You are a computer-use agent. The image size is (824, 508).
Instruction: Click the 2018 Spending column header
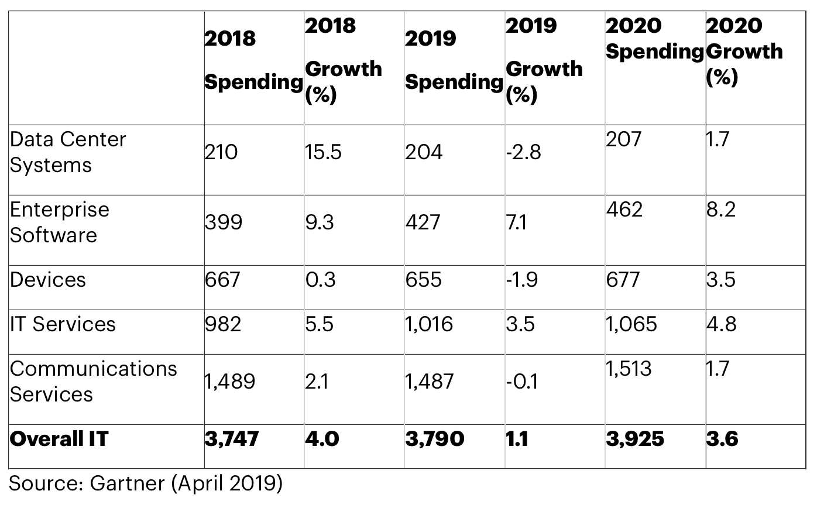click(x=253, y=60)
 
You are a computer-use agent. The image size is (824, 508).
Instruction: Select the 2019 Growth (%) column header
click(x=544, y=60)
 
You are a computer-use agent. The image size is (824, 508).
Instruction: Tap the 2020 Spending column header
click(x=654, y=39)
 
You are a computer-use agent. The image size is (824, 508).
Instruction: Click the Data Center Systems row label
click(x=68, y=152)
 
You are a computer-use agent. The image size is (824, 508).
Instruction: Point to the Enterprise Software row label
click(x=60, y=222)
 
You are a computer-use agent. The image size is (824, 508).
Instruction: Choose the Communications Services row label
click(x=93, y=381)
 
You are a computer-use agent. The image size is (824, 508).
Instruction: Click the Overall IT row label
click(x=59, y=438)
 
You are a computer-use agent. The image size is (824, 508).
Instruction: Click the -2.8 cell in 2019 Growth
click(x=524, y=152)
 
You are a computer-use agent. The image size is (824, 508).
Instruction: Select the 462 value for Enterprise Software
click(x=624, y=209)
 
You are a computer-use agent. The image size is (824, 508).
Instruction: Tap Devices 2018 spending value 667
click(x=222, y=280)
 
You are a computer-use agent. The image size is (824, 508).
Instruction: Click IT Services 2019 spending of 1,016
click(x=429, y=324)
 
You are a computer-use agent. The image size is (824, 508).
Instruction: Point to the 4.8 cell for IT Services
click(x=721, y=324)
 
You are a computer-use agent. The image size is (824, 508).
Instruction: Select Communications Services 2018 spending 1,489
click(x=229, y=382)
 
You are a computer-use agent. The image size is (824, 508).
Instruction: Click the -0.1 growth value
click(x=522, y=382)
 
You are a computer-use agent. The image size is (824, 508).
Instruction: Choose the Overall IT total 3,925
click(x=635, y=438)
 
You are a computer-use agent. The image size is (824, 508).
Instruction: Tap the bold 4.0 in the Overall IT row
click(x=322, y=438)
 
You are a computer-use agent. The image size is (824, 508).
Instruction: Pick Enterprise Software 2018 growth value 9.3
click(x=320, y=222)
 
